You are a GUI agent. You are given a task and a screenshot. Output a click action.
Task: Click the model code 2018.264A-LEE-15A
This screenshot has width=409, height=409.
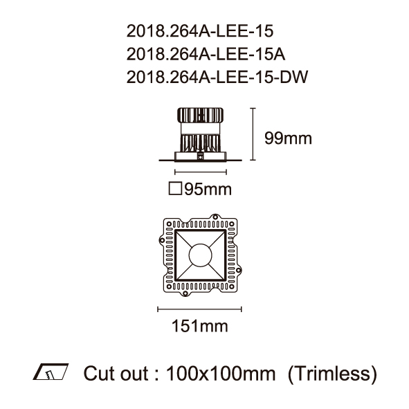coord(206,54)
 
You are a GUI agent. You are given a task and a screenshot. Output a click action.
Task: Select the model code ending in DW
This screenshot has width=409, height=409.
coord(217,77)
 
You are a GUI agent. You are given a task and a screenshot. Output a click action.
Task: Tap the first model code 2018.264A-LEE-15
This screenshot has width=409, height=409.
coord(200,31)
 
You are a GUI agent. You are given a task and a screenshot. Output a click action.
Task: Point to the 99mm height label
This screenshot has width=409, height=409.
coord(288,138)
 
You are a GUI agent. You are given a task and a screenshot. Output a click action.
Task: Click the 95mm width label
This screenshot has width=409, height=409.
coord(208,189)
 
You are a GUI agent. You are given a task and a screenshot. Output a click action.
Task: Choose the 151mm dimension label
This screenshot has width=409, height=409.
coord(200,326)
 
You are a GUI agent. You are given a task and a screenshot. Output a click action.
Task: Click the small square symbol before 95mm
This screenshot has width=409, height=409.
coord(175,188)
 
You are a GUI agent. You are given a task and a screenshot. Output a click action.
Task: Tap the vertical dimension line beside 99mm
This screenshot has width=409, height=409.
coord(253,134)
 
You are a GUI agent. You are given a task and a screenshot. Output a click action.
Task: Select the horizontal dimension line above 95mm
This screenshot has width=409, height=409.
coord(201,172)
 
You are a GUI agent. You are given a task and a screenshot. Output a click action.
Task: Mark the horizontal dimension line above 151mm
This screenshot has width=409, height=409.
coord(199,309)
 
